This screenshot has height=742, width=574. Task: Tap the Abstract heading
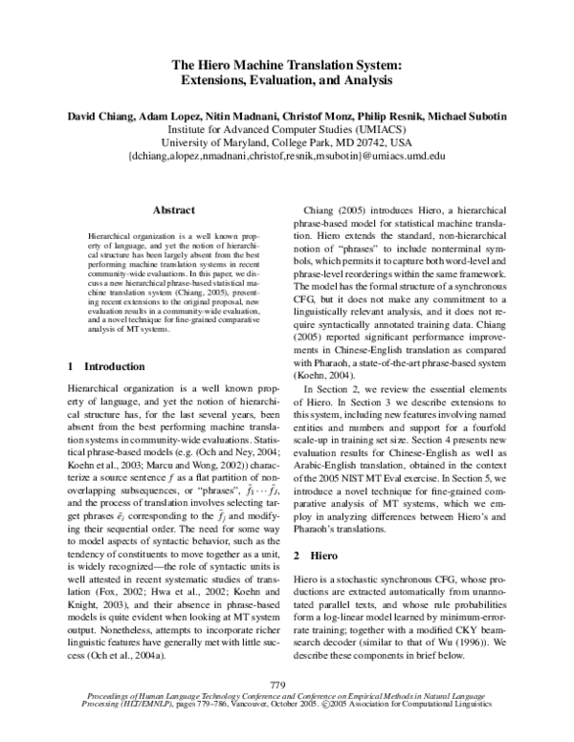coord(174,209)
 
